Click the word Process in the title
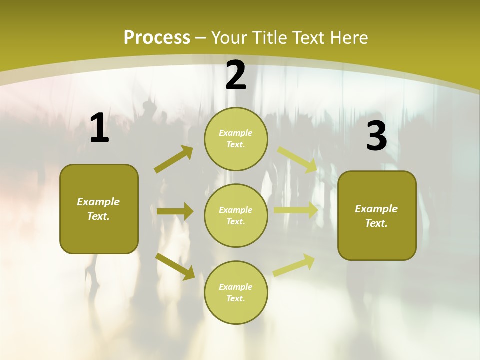pyautogui.click(x=157, y=38)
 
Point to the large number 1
pyautogui.click(x=99, y=128)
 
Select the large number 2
pyautogui.click(x=236, y=76)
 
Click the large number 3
pyautogui.click(x=376, y=136)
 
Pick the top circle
pyautogui.click(x=236, y=139)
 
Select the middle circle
pyautogui.click(x=236, y=215)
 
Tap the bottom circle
pyautogui.click(x=236, y=292)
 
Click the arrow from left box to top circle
pyautogui.click(x=174, y=159)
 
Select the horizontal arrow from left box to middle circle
pyautogui.click(x=175, y=211)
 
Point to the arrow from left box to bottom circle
pyautogui.click(x=175, y=266)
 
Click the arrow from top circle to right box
pyautogui.click(x=297, y=159)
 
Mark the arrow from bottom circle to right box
pyautogui.click(x=294, y=265)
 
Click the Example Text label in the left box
pyautogui.click(x=98, y=209)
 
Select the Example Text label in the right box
pyautogui.click(x=376, y=216)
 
